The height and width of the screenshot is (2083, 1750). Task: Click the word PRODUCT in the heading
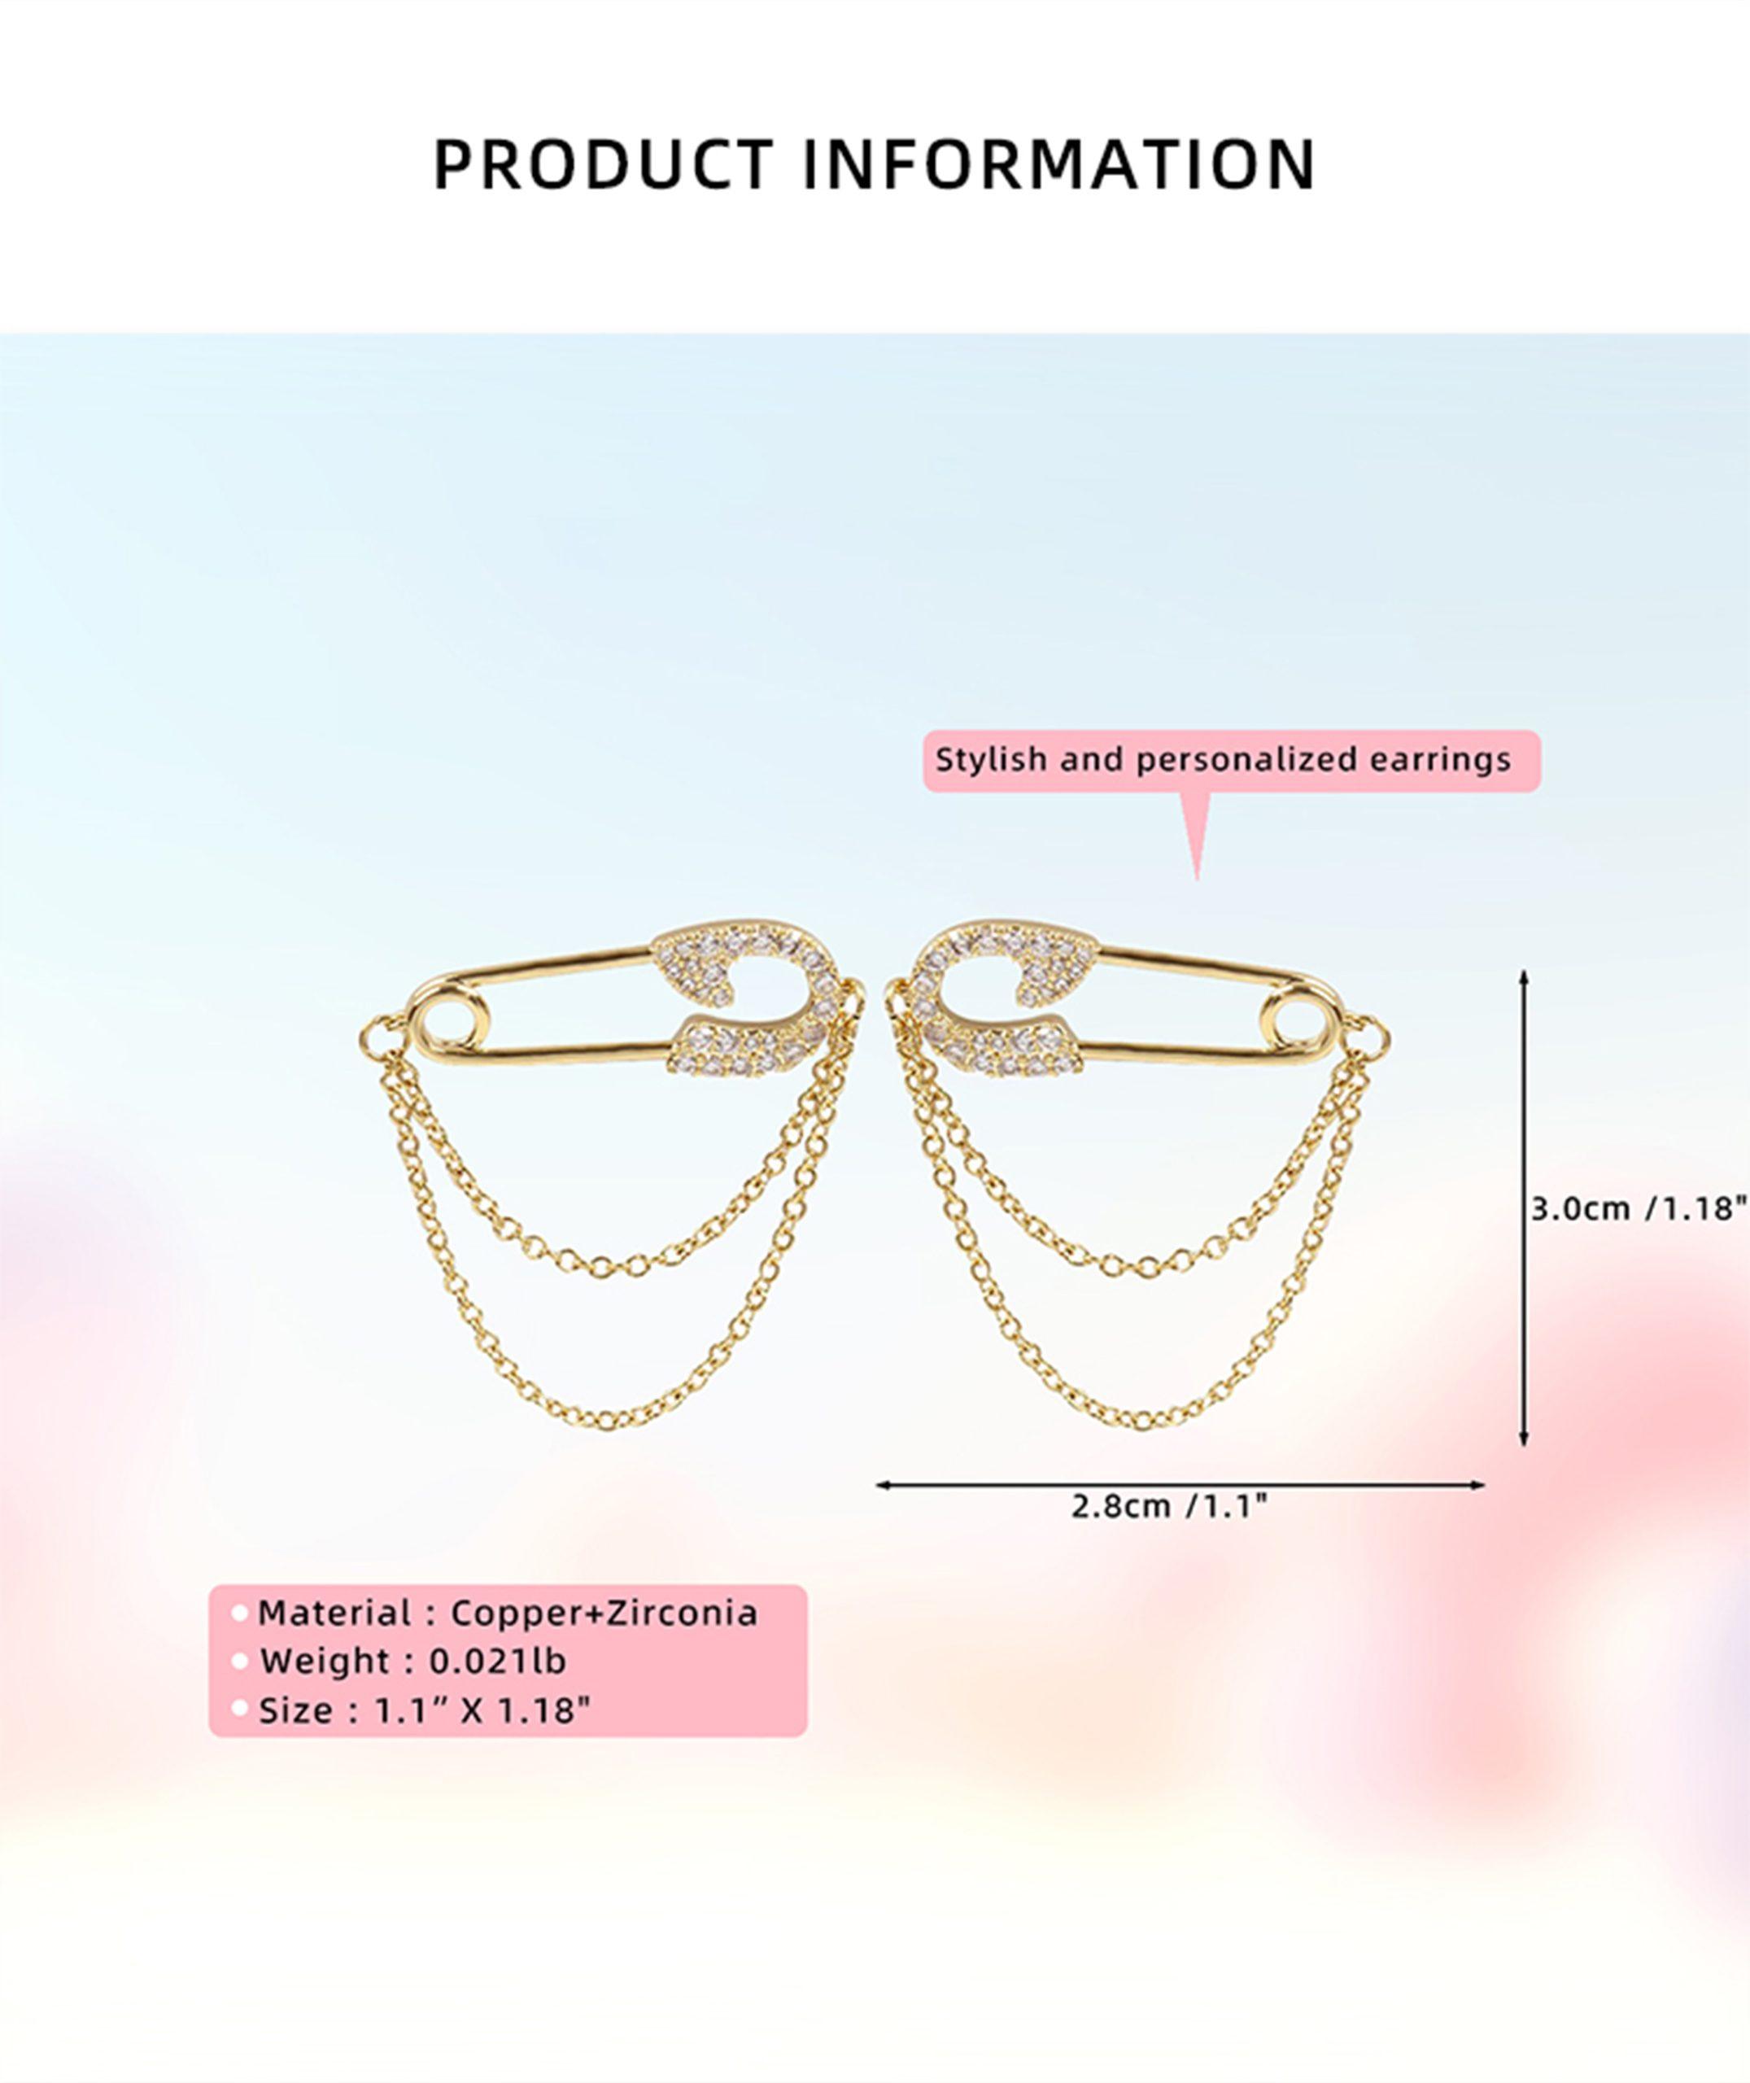pyautogui.click(x=603, y=164)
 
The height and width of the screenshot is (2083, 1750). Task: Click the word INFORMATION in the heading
pyautogui.click(x=1058, y=164)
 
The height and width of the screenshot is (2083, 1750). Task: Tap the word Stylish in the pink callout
pyautogui.click(x=992, y=761)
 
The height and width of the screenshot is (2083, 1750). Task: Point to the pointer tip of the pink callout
pyautogui.click(x=1197, y=879)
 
